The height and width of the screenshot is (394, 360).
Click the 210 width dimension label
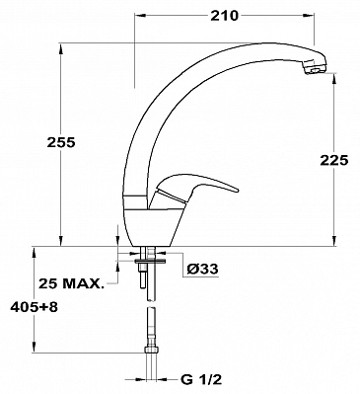click(224, 16)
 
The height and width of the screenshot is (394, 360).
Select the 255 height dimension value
click(61, 142)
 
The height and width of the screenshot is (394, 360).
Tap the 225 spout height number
click(333, 160)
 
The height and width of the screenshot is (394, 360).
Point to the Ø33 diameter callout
click(202, 270)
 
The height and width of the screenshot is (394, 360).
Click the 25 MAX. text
click(71, 283)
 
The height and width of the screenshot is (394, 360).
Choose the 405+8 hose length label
click(35, 307)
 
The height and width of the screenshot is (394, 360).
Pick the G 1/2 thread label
click(201, 380)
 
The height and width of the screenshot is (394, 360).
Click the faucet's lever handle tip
click(236, 190)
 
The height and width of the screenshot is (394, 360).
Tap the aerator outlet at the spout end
click(315, 70)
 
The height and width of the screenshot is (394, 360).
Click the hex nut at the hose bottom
click(151, 351)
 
